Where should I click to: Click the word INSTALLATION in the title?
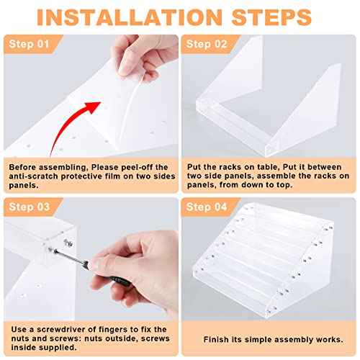pyautogui.click(x=130, y=17)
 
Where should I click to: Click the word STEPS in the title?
pyautogui.click(x=271, y=17)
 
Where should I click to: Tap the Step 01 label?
pyautogui.click(x=29, y=44)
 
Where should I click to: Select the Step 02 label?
pyautogui.click(x=207, y=44)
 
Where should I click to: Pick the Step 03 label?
pyautogui.click(x=30, y=207)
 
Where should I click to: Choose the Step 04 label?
pyautogui.click(x=207, y=207)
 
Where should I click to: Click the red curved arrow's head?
pyautogui.click(x=93, y=107)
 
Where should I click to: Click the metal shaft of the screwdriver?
pyautogui.click(x=70, y=258)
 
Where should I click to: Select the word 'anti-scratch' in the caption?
pyautogui.click(x=34, y=176)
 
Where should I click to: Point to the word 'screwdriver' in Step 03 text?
pyautogui.click(x=60, y=330)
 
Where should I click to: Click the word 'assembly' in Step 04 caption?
pyautogui.click(x=294, y=340)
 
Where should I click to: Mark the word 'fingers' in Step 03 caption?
pyautogui.click(x=113, y=330)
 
